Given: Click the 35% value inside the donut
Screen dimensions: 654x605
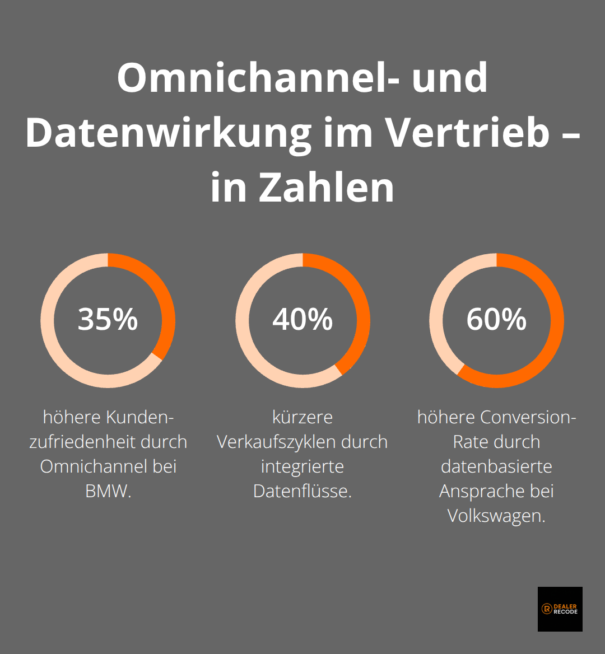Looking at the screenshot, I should click(x=108, y=319).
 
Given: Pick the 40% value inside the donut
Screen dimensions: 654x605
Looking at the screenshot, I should click(x=302, y=319).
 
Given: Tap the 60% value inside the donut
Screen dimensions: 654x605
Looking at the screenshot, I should click(x=496, y=319).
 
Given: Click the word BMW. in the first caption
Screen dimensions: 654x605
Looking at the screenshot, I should click(x=108, y=491).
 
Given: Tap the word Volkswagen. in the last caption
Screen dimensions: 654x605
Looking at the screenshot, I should click(x=496, y=516).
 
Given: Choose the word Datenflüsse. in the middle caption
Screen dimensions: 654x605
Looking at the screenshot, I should click(x=302, y=491).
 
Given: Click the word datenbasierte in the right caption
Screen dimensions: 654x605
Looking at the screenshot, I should click(x=496, y=466).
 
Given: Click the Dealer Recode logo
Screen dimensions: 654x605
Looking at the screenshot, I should click(x=560, y=609).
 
